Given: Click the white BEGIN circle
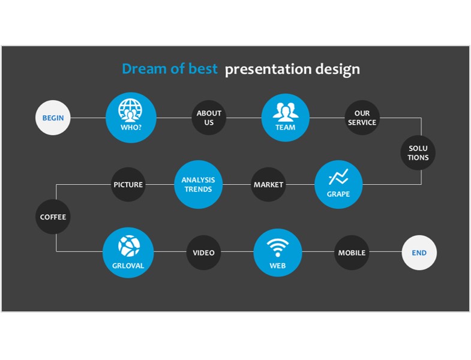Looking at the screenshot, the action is click(x=53, y=118).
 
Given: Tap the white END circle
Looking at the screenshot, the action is click(x=419, y=253).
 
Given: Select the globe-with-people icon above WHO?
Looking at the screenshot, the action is click(x=130, y=110).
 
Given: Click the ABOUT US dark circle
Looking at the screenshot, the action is click(x=209, y=118).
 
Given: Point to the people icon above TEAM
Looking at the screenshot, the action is click(x=286, y=111).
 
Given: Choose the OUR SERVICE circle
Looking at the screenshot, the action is click(x=362, y=118).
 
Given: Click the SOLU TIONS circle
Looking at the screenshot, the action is click(x=418, y=152).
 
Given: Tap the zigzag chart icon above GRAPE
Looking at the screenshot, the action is click(x=338, y=176).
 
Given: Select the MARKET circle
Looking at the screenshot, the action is click(x=268, y=185).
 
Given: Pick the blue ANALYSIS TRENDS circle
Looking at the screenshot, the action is click(x=198, y=185).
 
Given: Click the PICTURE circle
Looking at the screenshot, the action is click(x=128, y=185).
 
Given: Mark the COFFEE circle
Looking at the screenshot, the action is click(x=53, y=217).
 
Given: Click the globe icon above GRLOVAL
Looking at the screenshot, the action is click(x=129, y=246).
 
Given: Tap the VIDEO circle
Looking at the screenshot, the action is click(x=203, y=253).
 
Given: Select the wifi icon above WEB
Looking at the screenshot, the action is click(x=278, y=248).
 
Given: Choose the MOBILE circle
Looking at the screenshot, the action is click(x=352, y=253).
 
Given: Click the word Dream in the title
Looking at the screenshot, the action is click(x=144, y=69).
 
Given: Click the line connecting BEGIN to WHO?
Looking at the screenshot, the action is click(x=88, y=118).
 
